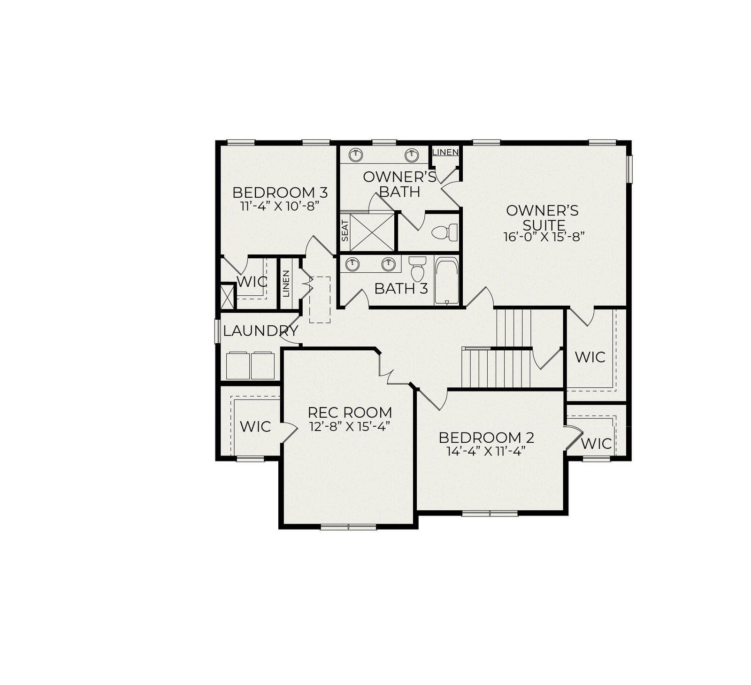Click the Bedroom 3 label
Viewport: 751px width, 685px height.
pos(280,192)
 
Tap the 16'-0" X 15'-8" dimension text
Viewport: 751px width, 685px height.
pos(544,237)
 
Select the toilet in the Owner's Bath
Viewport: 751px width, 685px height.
pos(444,232)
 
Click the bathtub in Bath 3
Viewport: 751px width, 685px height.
pos(446,280)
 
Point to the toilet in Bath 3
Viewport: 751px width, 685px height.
pos(417,269)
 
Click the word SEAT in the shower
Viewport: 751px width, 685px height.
pos(345,231)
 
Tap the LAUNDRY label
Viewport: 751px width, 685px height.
pos(261,331)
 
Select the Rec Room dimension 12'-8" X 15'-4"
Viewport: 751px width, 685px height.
pos(350,426)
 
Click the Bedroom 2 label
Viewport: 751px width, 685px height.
pos(486,438)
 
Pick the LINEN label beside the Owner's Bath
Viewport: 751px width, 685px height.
pos(445,152)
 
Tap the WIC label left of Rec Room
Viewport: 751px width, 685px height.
pos(255,427)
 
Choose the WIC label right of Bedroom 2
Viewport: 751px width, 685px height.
pos(596,444)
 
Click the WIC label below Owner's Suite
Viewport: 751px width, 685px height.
pos(590,357)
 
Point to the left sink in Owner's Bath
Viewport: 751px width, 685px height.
pos(357,154)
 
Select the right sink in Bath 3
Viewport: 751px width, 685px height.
pos(388,264)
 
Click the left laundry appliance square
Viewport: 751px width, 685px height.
pos(238,365)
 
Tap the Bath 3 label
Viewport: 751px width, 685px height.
pos(401,289)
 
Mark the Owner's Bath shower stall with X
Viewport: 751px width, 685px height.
pos(372,232)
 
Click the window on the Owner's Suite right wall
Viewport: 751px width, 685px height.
pos(629,169)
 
